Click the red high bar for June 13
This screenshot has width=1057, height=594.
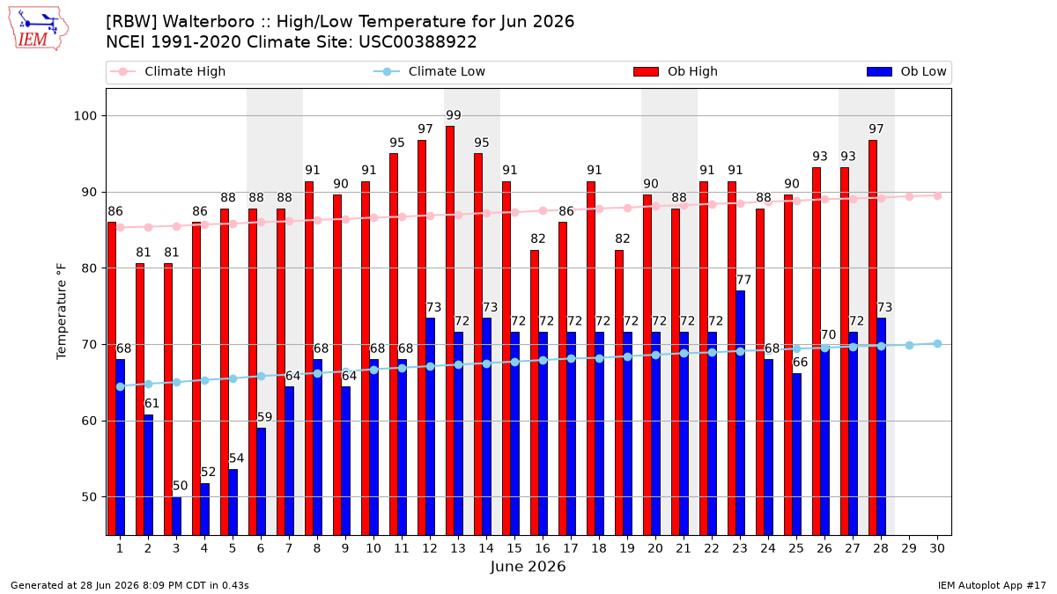[x=450, y=331]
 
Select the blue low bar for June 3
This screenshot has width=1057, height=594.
[x=176, y=516]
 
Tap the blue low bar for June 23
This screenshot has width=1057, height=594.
[x=741, y=413]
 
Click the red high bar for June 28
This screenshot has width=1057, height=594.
[x=873, y=338]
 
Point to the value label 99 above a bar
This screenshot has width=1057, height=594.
[x=454, y=115]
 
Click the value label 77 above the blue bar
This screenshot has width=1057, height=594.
[x=743, y=280]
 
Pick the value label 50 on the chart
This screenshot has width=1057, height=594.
[x=180, y=486]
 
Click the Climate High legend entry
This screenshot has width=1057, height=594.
[x=168, y=71]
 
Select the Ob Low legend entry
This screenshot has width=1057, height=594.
[x=906, y=71]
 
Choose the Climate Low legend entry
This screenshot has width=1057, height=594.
[x=430, y=71]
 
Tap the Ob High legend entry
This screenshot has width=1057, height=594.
[x=676, y=71]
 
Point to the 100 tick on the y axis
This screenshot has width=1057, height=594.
[x=85, y=116]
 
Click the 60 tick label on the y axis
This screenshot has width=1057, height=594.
[x=89, y=421]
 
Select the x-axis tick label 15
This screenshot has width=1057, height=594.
[x=514, y=548]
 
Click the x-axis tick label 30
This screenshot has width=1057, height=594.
[x=937, y=548]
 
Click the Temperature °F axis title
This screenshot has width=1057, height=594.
[x=62, y=312]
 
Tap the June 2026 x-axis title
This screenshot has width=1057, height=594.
[x=528, y=567]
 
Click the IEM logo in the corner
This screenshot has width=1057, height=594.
[x=38, y=29]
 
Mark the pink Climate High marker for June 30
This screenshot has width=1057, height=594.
[x=937, y=195]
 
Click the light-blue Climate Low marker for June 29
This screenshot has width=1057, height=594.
[x=909, y=346]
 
